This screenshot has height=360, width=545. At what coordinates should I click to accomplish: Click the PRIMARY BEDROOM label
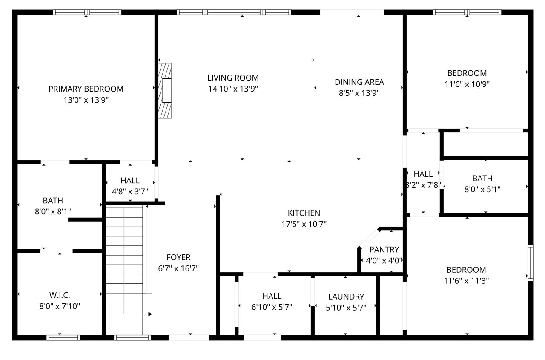[86, 89]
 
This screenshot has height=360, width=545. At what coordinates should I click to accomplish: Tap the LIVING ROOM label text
[233, 78]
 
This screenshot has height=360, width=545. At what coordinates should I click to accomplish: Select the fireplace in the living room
[165, 90]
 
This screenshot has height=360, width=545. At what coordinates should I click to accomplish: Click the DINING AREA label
[359, 82]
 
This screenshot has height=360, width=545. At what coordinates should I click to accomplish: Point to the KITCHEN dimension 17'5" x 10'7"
[304, 224]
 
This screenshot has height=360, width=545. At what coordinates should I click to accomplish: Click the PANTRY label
[384, 250]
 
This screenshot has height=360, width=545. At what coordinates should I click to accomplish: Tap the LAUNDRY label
[346, 297]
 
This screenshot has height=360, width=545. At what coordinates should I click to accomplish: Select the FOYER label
[178, 257]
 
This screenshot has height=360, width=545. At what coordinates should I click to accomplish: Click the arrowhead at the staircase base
[150, 314]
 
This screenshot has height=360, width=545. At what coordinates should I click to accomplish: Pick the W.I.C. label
[60, 295]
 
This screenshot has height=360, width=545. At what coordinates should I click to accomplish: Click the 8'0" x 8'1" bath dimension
[53, 211]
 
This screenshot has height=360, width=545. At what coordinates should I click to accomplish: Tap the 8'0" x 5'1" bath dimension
[482, 189]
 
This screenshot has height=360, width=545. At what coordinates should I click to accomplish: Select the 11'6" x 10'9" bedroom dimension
[467, 84]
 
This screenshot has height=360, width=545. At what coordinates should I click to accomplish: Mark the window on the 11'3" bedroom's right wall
[530, 262]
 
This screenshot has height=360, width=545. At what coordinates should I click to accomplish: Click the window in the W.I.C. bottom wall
[63, 337]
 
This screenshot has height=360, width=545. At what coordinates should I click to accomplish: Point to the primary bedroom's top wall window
[87, 12]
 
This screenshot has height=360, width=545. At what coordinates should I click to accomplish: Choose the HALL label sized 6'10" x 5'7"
[272, 296]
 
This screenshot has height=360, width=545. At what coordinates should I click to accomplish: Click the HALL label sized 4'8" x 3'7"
[130, 181]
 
